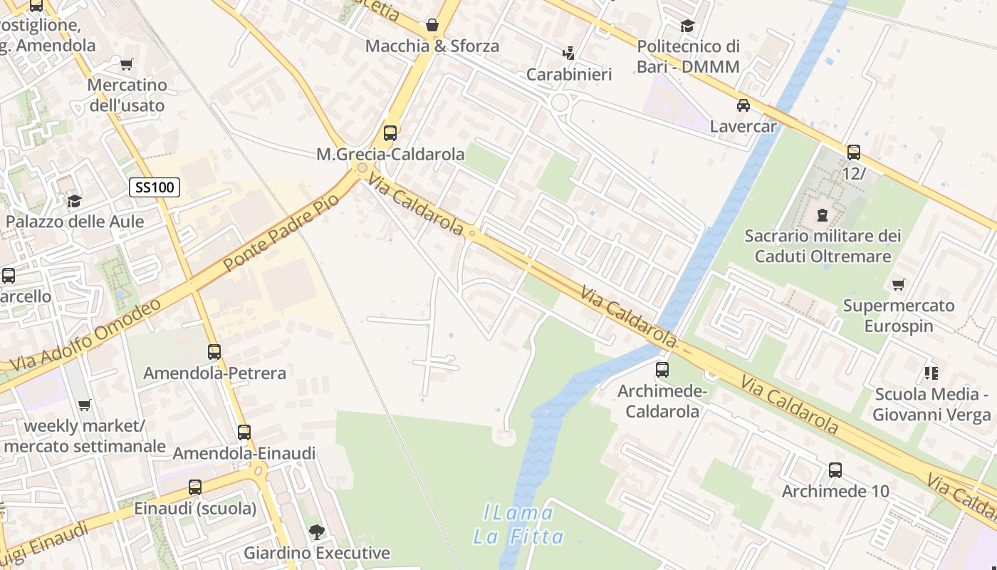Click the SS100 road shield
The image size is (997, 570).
(154, 188)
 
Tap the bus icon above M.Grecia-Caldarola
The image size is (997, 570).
(390, 133)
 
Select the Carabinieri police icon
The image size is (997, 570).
(568, 53)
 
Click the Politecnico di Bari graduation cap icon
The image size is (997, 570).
(687, 26)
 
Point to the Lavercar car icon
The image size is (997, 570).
(743, 105)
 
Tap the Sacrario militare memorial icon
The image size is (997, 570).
(823, 214)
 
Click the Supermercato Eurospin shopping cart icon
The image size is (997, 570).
(899, 284)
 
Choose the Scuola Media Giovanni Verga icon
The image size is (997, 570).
(931, 373)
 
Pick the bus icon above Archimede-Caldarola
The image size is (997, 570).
(662, 369)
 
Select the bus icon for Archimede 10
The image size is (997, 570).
(835, 470)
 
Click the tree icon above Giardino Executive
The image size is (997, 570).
(317, 532)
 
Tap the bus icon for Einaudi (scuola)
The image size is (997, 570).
(195, 487)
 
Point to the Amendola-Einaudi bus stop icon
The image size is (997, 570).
(244, 432)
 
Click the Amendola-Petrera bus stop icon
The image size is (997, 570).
(214, 351)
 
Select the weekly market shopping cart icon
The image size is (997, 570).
(84, 405)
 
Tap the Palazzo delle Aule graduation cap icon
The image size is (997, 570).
(74, 200)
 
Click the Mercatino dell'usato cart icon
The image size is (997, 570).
(127, 64)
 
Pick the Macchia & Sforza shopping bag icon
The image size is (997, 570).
(432, 26)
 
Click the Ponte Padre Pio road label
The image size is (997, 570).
(281, 232)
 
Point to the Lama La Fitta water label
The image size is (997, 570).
(518, 524)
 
